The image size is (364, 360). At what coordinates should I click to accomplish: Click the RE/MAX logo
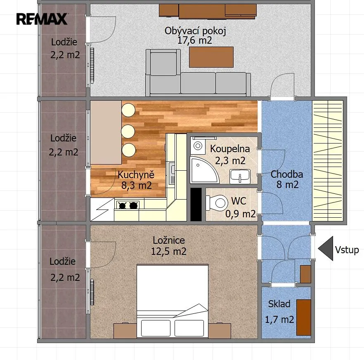click(x=42, y=19)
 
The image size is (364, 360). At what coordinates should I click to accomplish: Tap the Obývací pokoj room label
click(x=195, y=31)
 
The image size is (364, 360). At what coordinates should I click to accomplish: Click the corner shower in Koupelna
click(x=204, y=170)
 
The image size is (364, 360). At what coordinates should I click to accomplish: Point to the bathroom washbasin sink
click(x=240, y=176)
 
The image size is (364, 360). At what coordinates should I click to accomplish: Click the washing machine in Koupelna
click(x=198, y=146)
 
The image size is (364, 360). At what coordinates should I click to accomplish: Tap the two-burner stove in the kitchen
click(x=128, y=205)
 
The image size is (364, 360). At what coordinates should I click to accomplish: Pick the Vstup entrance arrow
click(x=326, y=249)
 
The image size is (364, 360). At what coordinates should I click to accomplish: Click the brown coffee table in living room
click(x=211, y=57)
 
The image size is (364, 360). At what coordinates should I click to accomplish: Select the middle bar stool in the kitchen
click(x=128, y=131)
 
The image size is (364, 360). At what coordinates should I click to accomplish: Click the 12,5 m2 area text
click(x=169, y=251)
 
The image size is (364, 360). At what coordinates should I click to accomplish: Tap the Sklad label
click(x=279, y=304)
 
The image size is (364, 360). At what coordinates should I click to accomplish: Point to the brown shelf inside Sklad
click(x=304, y=318)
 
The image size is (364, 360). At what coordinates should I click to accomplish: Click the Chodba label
click(x=287, y=174)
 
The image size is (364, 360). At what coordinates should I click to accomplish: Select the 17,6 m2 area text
click(x=195, y=40)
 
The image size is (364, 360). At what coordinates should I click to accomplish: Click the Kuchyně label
click(x=136, y=174)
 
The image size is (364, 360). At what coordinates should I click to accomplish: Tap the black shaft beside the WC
click(x=196, y=205)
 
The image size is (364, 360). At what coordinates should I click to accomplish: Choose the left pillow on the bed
click(x=156, y=328)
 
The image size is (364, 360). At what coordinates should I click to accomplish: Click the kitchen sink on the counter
click(x=172, y=174)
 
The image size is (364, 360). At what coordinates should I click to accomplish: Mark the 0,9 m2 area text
click(x=241, y=214)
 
